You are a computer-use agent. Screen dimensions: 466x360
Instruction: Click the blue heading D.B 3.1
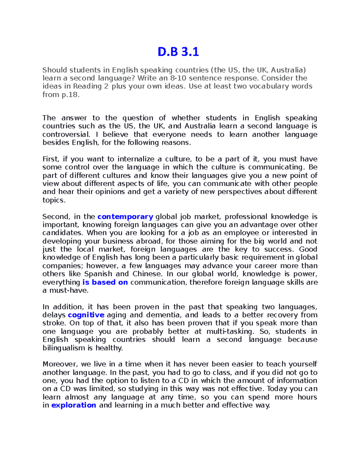(x=178, y=52)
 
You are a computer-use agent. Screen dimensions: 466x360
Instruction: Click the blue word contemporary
(x=125, y=217)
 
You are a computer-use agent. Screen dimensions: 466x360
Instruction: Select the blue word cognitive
(x=86, y=315)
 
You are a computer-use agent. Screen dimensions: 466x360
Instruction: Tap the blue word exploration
(x=74, y=405)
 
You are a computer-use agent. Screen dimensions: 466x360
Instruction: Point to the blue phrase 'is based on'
(x=105, y=282)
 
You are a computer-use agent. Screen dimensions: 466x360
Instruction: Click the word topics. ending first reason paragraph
(x=54, y=200)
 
